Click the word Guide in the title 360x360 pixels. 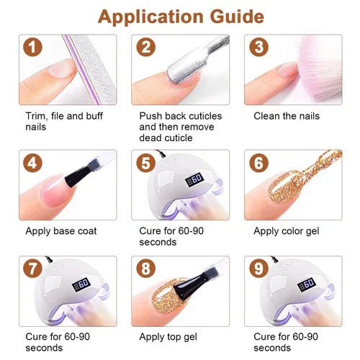point(237,17)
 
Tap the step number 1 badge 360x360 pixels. point(32,47)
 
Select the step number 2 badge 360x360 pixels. point(146,47)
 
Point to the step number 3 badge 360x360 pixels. point(258,47)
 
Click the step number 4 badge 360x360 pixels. point(32,163)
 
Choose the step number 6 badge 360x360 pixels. point(258,163)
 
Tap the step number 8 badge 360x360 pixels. point(146,269)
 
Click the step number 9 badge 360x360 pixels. point(258,269)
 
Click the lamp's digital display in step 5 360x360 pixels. point(194,179)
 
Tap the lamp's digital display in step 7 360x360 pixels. point(81,284)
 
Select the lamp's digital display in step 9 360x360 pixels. point(307,284)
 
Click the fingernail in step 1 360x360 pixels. point(62,68)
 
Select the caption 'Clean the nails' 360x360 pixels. point(287,116)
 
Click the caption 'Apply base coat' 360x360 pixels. point(61,231)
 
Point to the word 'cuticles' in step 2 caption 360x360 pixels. point(205,116)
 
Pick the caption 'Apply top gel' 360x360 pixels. point(168,337)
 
